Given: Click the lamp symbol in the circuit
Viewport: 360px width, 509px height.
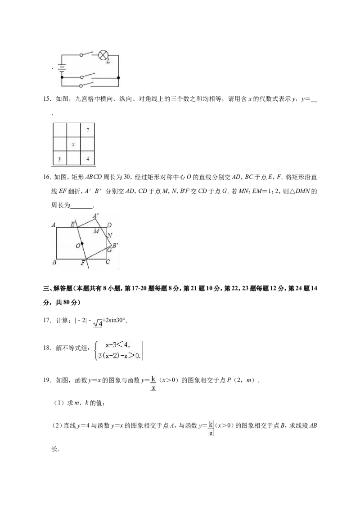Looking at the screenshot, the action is click(x=103, y=55).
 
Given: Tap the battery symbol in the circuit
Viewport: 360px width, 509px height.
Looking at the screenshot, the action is click(x=62, y=68).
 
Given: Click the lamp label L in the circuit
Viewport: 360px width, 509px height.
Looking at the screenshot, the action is click(x=108, y=62).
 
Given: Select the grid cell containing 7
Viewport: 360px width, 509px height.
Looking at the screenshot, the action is click(x=87, y=130).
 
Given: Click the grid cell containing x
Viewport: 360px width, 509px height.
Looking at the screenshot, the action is click(x=73, y=144).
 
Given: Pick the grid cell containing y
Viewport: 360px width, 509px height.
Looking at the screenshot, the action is click(x=59, y=158).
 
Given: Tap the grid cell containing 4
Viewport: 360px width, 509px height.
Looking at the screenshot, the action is click(x=87, y=158).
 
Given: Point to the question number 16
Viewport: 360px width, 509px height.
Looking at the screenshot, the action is click(x=47, y=177).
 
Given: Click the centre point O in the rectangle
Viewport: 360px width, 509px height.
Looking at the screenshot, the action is click(x=82, y=243).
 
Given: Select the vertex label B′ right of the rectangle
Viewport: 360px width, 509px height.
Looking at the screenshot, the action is click(x=115, y=246).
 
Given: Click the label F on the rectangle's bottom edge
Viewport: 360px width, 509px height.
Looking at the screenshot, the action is click(x=83, y=263).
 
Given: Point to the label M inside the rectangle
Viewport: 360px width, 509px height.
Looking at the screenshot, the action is click(x=96, y=231).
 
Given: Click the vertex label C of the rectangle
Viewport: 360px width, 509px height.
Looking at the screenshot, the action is click(x=108, y=262).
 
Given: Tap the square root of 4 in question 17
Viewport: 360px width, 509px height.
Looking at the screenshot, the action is click(x=98, y=323).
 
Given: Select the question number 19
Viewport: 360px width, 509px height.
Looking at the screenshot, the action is click(x=47, y=380).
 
